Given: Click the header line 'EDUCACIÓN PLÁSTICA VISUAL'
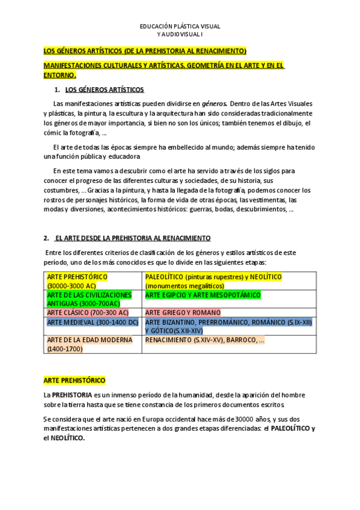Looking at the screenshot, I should [x=180, y=27].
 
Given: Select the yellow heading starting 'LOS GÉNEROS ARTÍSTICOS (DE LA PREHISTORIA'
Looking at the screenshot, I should [x=145, y=51].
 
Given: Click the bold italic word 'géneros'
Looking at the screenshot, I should [x=213, y=104].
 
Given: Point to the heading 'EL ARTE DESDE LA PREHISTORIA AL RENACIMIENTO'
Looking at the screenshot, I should [x=132, y=238].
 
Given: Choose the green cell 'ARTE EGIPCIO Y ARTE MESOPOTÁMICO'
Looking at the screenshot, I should [x=203, y=295].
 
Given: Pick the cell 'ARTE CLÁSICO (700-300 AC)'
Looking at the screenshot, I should [x=88, y=313].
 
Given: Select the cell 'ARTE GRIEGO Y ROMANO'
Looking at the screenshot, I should [x=183, y=313].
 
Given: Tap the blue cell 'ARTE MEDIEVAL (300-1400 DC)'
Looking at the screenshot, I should [x=93, y=322].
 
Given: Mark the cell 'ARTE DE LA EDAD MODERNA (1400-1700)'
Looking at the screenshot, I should [x=90, y=344].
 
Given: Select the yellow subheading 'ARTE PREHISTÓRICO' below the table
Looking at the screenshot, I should [x=74, y=381].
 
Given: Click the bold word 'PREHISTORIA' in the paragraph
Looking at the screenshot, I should [x=73, y=395].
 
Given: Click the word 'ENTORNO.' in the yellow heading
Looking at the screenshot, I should [x=59, y=76].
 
